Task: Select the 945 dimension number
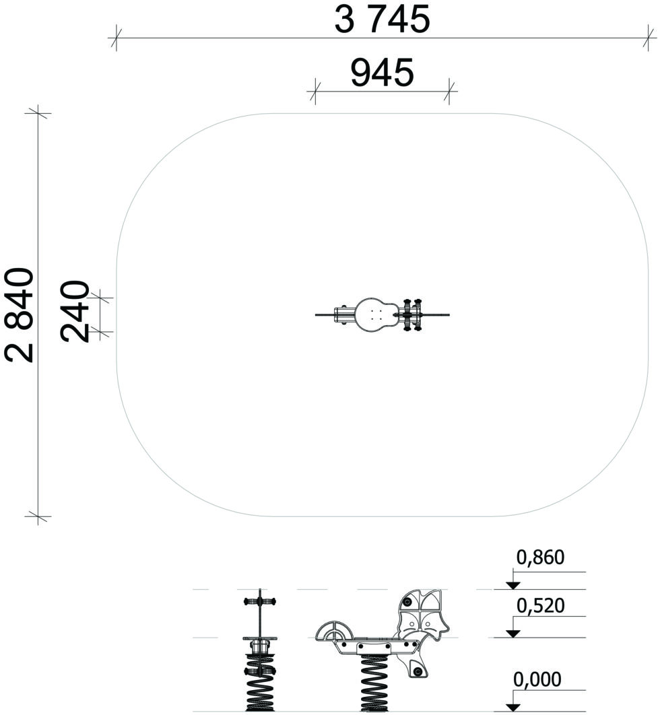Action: click(383, 73)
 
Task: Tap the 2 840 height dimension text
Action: click(20, 315)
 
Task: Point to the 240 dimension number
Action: click(75, 312)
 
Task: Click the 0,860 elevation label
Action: click(540, 557)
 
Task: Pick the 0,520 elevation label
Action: click(541, 605)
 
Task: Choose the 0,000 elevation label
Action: click(537, 679)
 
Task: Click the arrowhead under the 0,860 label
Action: click(513, 586)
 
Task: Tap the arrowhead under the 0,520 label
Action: click(513, 634)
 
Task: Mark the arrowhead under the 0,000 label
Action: click(513, 707)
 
